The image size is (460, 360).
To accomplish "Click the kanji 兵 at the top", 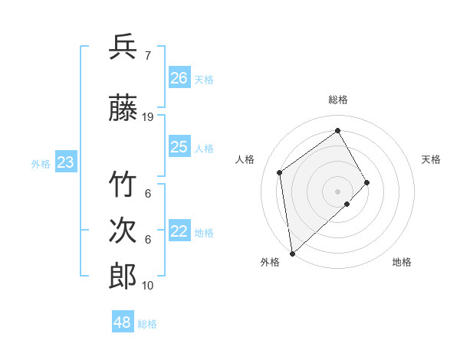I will click(123, 47).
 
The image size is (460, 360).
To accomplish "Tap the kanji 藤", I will click(123, 110).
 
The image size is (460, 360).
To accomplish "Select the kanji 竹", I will click(123, 185).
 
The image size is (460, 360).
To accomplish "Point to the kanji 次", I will click(123, 231).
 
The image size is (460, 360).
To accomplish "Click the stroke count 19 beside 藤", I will click(148, 117).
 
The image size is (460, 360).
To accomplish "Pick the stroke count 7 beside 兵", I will click(147, 56).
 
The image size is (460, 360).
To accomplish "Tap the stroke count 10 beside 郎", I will click(148, 286).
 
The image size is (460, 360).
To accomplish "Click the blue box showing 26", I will click(179, 77).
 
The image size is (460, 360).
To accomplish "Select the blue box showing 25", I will click(179, 147).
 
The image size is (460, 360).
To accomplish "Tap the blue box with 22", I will click(179, 231).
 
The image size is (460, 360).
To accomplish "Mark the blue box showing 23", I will click(65, 162).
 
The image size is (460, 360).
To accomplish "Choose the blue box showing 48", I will click(122, 322).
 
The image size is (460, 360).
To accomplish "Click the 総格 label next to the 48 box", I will click(147, 324).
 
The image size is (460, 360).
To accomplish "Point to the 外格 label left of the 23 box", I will click(41, 163).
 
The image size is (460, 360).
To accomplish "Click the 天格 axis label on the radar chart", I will click(432, 159).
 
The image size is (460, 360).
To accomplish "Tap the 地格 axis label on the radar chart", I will click(402, 262).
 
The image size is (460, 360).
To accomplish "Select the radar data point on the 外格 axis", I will click(291, 253).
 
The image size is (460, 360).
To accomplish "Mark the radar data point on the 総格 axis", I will click(337, 130).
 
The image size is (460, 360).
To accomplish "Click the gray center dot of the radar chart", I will click(337, 190).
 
